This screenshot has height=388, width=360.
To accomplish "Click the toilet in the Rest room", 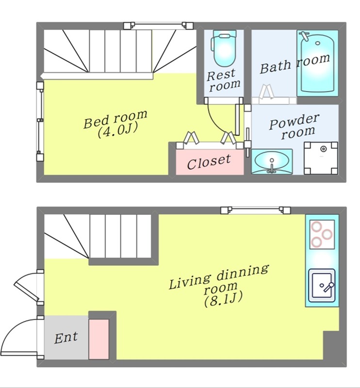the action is coord(224,48).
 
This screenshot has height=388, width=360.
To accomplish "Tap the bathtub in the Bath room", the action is coord(317,64).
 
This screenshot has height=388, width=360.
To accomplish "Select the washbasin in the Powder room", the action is coord(272,162).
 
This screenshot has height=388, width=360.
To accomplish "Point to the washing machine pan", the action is coord(321,158).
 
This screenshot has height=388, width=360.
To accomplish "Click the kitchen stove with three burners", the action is coord(322,234).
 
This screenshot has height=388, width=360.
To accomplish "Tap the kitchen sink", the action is coord(322,286).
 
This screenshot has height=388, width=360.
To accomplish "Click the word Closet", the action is coord(209,162).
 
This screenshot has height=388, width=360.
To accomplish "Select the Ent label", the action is coord(66,338).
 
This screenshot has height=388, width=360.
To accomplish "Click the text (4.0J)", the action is coord(117,130).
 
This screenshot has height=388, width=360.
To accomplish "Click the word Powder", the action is coord(294,121).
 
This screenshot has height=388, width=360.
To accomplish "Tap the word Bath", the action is coord(275,67).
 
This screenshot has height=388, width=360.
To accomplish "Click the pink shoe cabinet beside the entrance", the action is coord(99,339).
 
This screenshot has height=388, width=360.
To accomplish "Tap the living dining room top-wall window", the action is coord(256,210).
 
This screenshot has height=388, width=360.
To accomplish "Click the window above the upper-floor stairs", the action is coord(159,25).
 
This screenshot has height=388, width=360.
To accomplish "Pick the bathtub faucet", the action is coord(305,36).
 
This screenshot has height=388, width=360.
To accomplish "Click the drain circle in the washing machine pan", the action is coord(323,149).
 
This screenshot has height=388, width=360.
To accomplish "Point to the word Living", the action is coord(189,282).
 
